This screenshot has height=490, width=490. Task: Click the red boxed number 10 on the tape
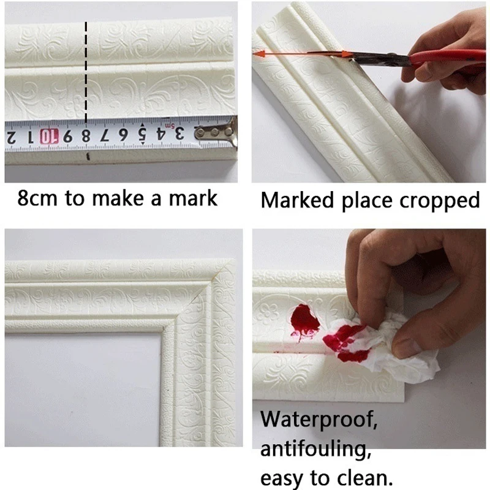tap(50, 135)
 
